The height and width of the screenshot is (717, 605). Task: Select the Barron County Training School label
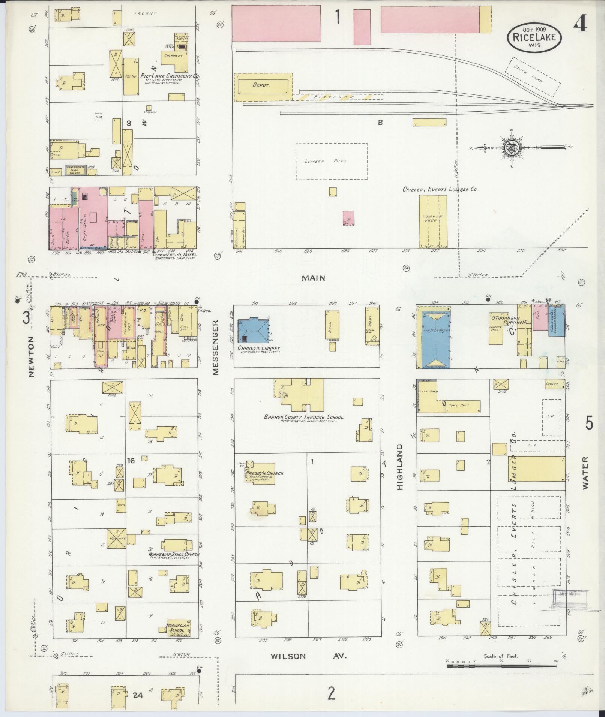click(x=304, y=417)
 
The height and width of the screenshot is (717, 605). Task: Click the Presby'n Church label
click(x=264, y=473)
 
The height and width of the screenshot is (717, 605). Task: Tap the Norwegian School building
click(x=179, y=628)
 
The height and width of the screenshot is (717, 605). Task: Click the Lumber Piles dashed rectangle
click(x=331, y=161)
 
